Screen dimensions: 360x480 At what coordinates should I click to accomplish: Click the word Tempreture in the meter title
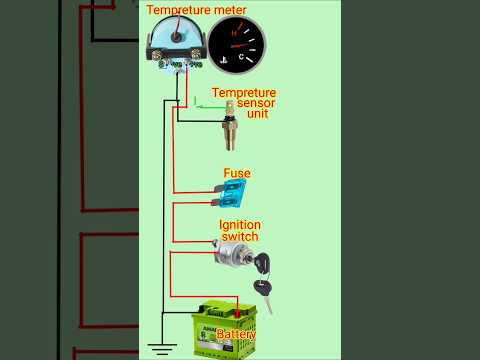tap(181, 10)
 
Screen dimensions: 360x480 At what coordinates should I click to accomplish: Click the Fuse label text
tap(236, 173)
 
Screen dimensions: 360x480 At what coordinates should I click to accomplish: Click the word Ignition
tap(239, 225)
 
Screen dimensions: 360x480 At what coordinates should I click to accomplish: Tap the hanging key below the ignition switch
tap(264, 295)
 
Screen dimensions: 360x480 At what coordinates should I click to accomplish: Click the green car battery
tap(231, 327)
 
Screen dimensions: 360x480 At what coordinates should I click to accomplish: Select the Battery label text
tap(236, 335)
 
